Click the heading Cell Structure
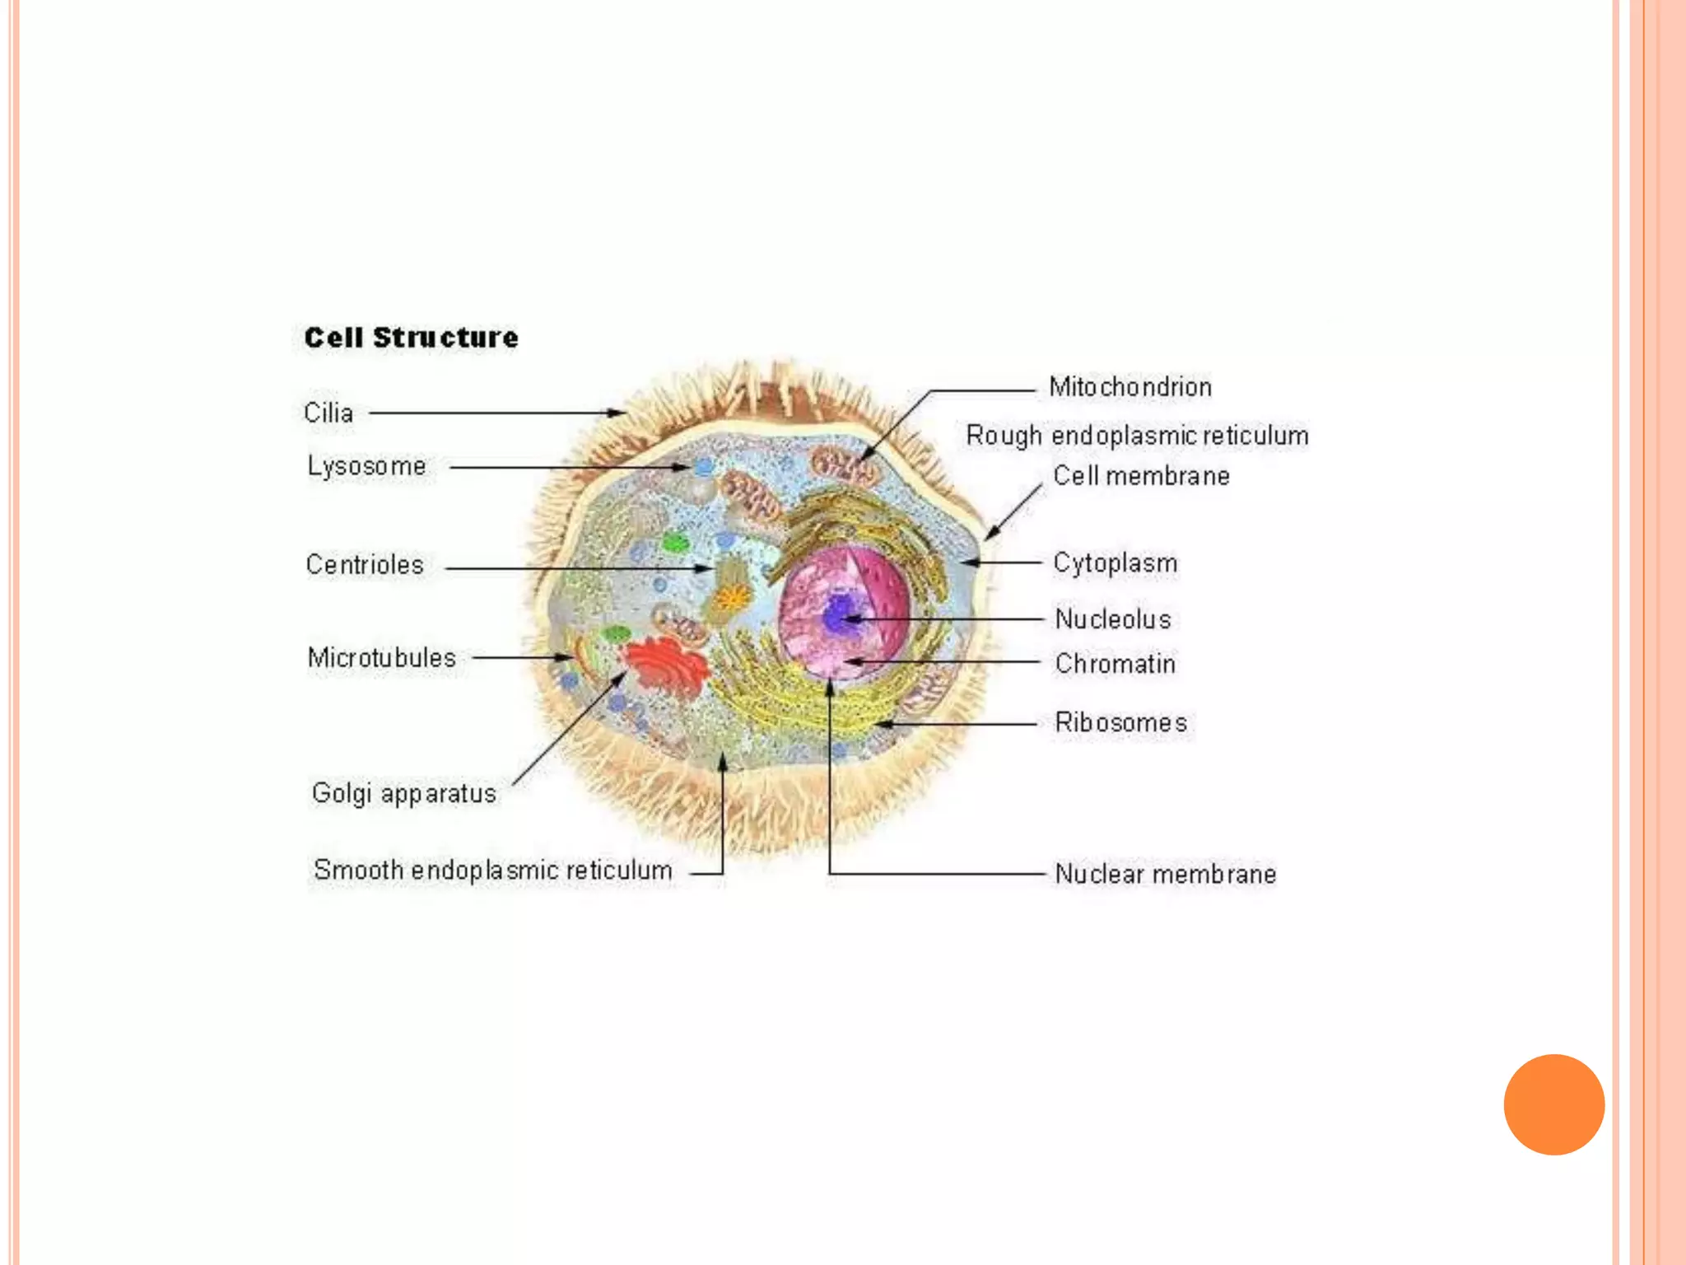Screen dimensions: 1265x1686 click(x=411, y=338)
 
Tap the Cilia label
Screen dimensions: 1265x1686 click(x=328, y=413)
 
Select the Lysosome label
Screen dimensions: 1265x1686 click(x=366, y=466)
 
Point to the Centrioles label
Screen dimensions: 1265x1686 click(x=365, y=565)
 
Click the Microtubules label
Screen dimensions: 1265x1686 click(x=381, y=658)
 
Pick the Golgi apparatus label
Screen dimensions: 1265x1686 click(x=403, y=793)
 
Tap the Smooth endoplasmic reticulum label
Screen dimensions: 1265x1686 click(x=492, y=871)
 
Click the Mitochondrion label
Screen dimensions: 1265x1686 click(x=1129, y=387)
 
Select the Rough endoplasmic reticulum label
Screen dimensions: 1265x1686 click(x=1137, y=436)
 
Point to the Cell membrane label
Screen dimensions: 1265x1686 click(x=1141, y=476)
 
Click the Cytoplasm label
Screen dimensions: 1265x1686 click(x=1115, y=563)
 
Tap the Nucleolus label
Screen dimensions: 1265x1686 click(x=1113, y=619)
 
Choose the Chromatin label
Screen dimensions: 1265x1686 click(x=1115, y=664)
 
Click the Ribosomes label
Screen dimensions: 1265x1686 click(x=1120, y=723)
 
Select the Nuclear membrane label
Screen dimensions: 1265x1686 click(x=1165, y=874)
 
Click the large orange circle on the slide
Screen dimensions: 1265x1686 click(x=1553, y=1104)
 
